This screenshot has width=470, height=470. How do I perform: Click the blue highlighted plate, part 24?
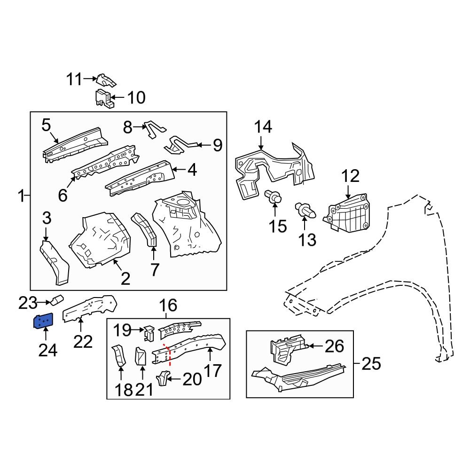(43, 322)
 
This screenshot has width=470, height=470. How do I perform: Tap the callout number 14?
(263, 127)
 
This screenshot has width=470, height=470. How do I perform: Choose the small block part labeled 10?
(104, 98)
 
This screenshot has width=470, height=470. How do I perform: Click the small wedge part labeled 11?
(105, 80)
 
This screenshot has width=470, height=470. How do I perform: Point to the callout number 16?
(168, 306)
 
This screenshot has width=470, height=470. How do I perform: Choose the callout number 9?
(217, 145)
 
